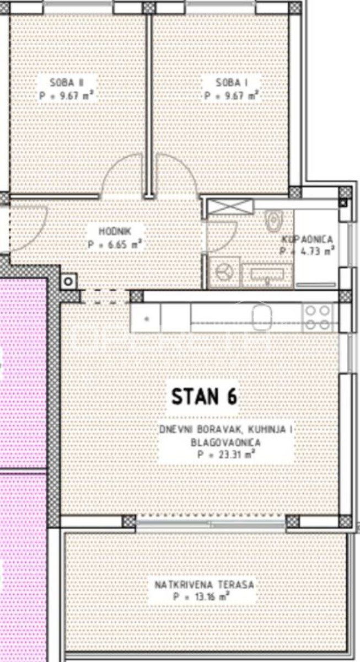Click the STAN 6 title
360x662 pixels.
tap(204, 396)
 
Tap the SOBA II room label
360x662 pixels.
tap(67, 82)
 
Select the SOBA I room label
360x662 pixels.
tap(232, 82)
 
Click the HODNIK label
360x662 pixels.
tap(115, 231)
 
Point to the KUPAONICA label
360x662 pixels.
tap(308, 239)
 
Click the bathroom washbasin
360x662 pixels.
tap(267, 275)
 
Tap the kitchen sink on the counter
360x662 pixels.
tap(262, 318)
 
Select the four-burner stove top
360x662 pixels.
tap(318, 318)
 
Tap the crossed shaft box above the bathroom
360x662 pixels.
tap(230, 206)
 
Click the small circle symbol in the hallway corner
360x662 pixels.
tap(68, 281)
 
